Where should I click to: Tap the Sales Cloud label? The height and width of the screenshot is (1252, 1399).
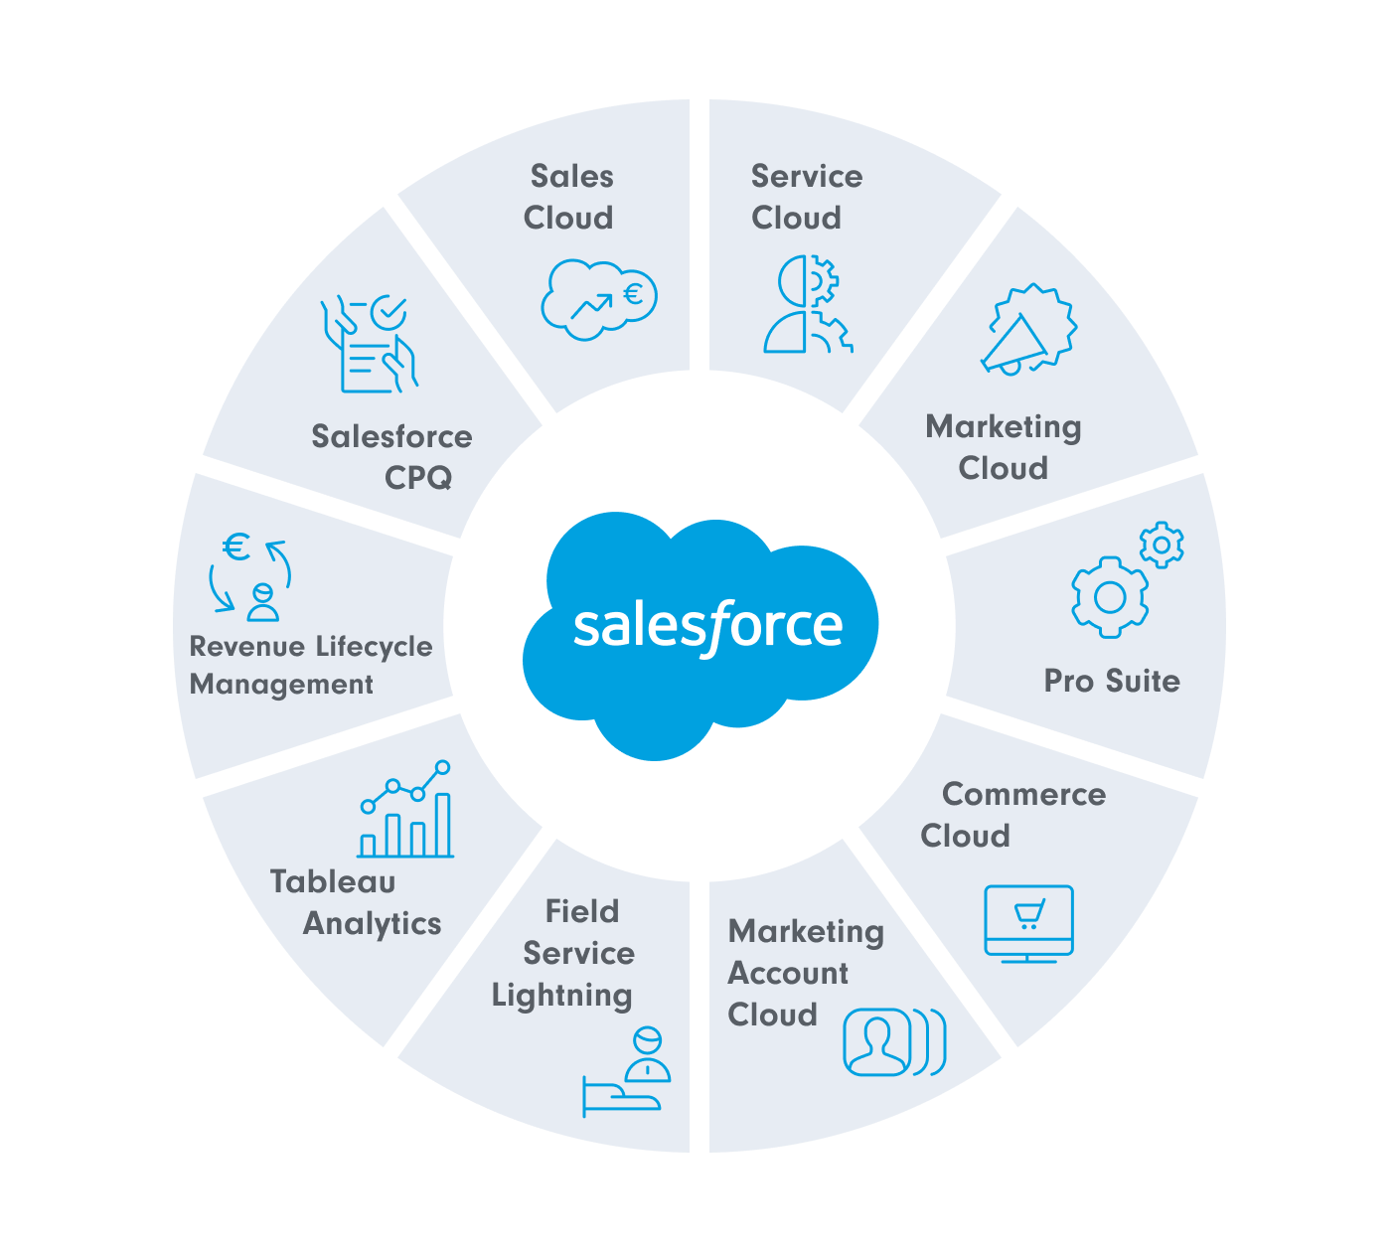(569, 197)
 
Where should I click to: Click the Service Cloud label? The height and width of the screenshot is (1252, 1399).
(806, 197)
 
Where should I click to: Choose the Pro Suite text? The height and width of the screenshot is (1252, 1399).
(1112, 681)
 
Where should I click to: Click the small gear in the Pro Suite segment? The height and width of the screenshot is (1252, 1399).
(1162, 545)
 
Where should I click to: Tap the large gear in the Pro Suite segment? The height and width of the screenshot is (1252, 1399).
(1109, 597)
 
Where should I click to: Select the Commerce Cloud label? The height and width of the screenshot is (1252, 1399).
(1012, 815)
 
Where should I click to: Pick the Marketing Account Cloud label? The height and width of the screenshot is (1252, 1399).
(806, 973)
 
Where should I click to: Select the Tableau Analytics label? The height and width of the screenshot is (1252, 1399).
(356, 902)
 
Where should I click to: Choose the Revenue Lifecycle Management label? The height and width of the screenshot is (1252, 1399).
(311, 666)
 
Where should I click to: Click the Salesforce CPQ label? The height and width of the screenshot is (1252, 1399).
(392, 456)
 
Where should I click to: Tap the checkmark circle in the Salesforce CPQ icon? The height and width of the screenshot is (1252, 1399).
(388, 312)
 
